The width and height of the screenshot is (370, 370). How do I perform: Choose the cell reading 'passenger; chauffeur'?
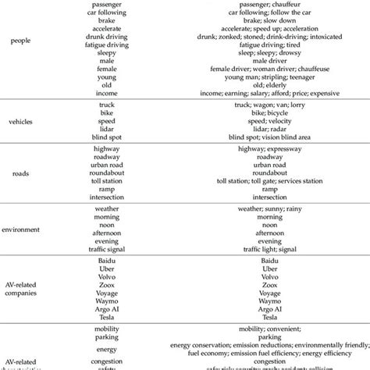269,4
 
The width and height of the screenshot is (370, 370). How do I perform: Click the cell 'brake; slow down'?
269,20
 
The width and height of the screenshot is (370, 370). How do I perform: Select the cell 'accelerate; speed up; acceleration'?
269,29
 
